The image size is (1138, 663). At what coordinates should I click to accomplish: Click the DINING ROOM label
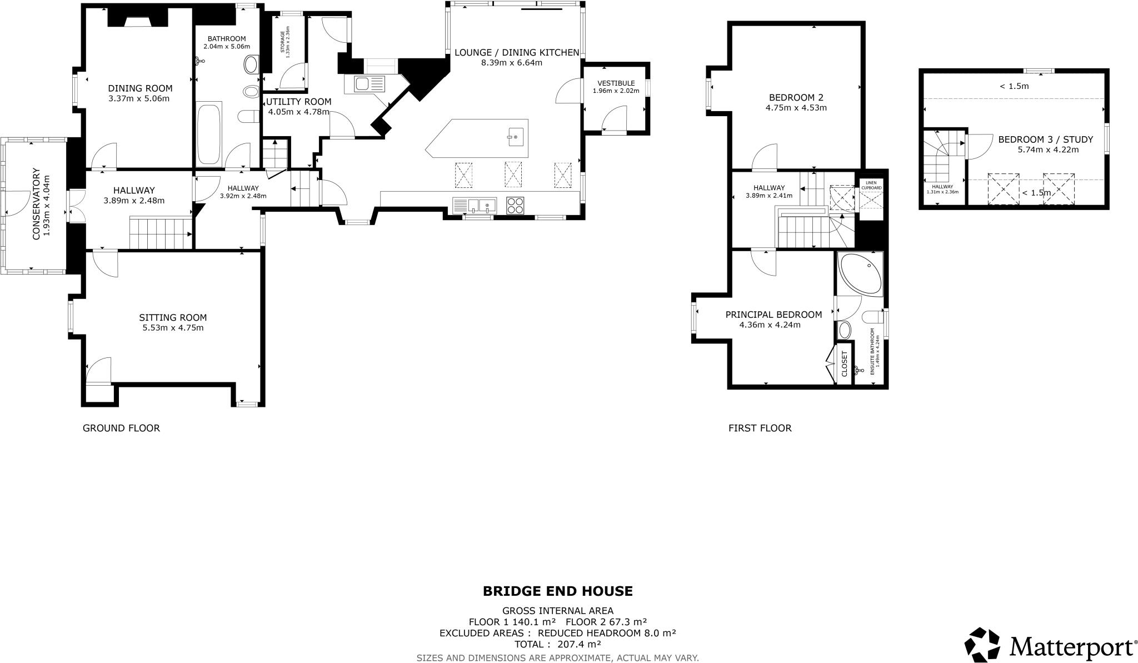coord(140,88)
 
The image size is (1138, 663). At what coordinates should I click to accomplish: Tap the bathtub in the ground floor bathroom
coord(209,133)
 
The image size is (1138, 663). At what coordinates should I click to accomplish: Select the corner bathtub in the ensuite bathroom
coord(861,275)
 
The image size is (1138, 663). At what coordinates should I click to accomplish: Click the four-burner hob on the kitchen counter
coord(515,206)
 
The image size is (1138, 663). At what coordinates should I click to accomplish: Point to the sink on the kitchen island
coord(515,136)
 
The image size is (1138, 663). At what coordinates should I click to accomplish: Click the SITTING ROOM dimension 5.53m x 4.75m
coord(173,328)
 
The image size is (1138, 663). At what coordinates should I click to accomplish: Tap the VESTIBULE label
coord(616,83)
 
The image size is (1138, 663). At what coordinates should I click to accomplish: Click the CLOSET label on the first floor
coord(845,364)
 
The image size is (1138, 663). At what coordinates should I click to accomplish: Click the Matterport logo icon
coord(982,646)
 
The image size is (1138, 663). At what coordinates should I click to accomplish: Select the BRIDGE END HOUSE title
coord(557,591)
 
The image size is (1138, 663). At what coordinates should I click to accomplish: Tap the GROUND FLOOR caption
coord(121,428)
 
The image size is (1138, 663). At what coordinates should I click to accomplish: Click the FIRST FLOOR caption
coord(760,428)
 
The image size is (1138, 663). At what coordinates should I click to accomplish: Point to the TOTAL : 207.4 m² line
coord(557,645)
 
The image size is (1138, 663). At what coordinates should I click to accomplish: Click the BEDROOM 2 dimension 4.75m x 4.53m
coord(796,108)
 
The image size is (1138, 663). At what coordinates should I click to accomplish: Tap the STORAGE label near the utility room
coord(282,43)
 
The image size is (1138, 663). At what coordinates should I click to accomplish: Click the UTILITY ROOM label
coord(298,102)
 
